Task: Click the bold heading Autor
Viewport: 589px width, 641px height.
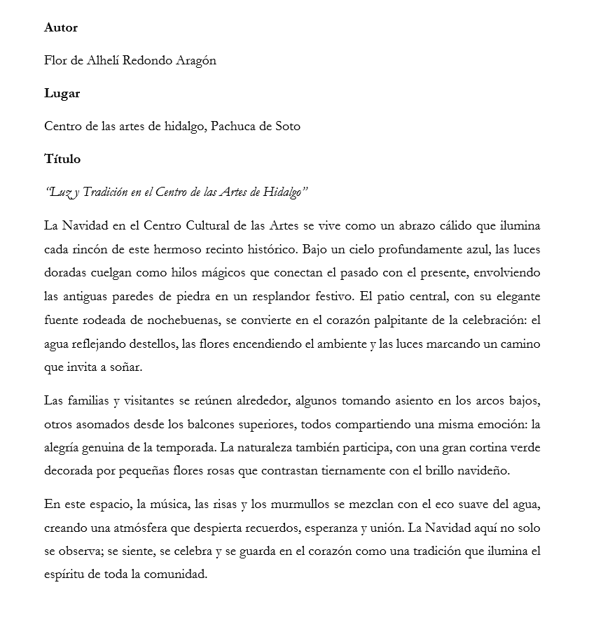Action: coord(61,28)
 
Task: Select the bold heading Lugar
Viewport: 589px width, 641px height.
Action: coord(62,94)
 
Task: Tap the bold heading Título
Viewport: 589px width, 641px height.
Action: coord(62,160)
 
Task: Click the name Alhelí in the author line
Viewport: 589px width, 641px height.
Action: coord(104,61)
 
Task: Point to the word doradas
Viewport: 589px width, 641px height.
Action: coord(66,273)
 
